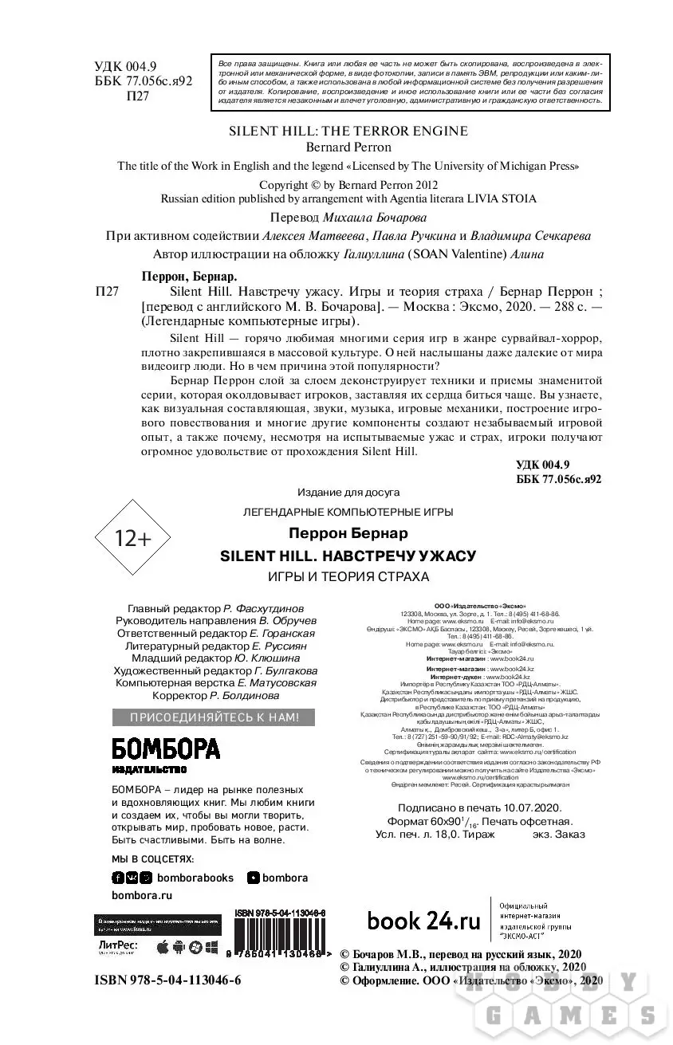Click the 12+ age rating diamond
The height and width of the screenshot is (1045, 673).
133,539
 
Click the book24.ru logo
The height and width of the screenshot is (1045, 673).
423,921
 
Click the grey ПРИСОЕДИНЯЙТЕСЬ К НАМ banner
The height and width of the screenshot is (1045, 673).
215,717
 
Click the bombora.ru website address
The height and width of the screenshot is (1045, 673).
142,895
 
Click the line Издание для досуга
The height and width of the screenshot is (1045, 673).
348,492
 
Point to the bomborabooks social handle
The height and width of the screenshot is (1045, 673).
195,878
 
